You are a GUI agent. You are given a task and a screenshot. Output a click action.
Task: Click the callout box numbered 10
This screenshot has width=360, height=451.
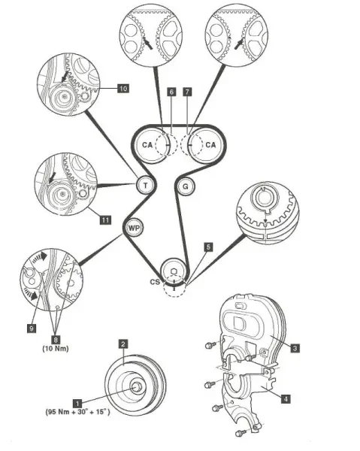(x=123, y=88)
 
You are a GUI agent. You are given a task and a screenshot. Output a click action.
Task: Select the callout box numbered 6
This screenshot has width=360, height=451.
(x=171, y=92)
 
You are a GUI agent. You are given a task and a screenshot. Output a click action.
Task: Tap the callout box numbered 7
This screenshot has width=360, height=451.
(x=187, y=92)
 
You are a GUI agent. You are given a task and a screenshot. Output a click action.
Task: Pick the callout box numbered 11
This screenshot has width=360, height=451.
(x=105, y=220)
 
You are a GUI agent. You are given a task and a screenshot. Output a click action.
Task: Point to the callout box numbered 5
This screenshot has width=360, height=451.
(x=208, y=247)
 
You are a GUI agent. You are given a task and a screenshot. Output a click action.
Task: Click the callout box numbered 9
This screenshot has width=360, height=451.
(x=32, y=328)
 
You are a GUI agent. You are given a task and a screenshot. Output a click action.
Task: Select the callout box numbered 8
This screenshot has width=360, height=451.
(x=56, y=340)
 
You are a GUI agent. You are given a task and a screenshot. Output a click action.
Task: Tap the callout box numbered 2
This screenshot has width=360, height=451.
(x=123, y=344)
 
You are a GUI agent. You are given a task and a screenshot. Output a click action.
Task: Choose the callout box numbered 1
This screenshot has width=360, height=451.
(x=77, y=403)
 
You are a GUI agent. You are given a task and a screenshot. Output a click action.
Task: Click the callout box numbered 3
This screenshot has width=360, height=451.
(x=295, y=348)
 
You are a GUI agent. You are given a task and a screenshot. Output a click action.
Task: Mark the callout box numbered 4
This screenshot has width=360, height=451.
(x=286, y=399)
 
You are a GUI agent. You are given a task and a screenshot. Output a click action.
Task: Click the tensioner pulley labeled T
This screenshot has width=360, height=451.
(x=146, y=186)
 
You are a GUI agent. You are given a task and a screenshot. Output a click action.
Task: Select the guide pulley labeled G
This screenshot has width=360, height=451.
(x=186, y=186)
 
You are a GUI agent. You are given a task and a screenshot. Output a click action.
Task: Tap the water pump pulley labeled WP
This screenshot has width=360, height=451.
(x=134, y=229)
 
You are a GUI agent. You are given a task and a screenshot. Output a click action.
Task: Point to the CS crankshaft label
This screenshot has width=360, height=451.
(x=155, y=282)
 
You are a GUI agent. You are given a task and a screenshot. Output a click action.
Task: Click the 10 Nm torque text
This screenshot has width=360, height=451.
(x=56, y=349)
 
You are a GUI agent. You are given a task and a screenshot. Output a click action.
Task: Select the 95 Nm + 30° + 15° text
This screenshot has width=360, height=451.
(x=77, y=412)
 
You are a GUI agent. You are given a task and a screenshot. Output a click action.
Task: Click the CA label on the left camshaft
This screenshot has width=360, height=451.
(x=147, y=144)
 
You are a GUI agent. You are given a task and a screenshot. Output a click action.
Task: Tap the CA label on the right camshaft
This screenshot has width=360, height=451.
(x=210, y=144)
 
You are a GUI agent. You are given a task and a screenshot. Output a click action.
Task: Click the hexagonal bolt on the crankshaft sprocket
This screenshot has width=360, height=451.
(x=174, y=271)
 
